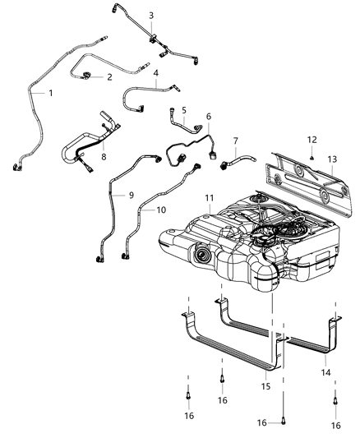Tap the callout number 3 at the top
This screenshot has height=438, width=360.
click(x=150, y=16)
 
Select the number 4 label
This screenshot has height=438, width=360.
click(x=156, y=73)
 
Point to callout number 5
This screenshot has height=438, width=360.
click(x=184, y=108)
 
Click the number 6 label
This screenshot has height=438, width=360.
click(x=209, y=117)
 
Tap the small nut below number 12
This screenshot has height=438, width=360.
click(x=313, y=156)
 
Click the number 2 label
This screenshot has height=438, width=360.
click(x=109, y=77)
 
